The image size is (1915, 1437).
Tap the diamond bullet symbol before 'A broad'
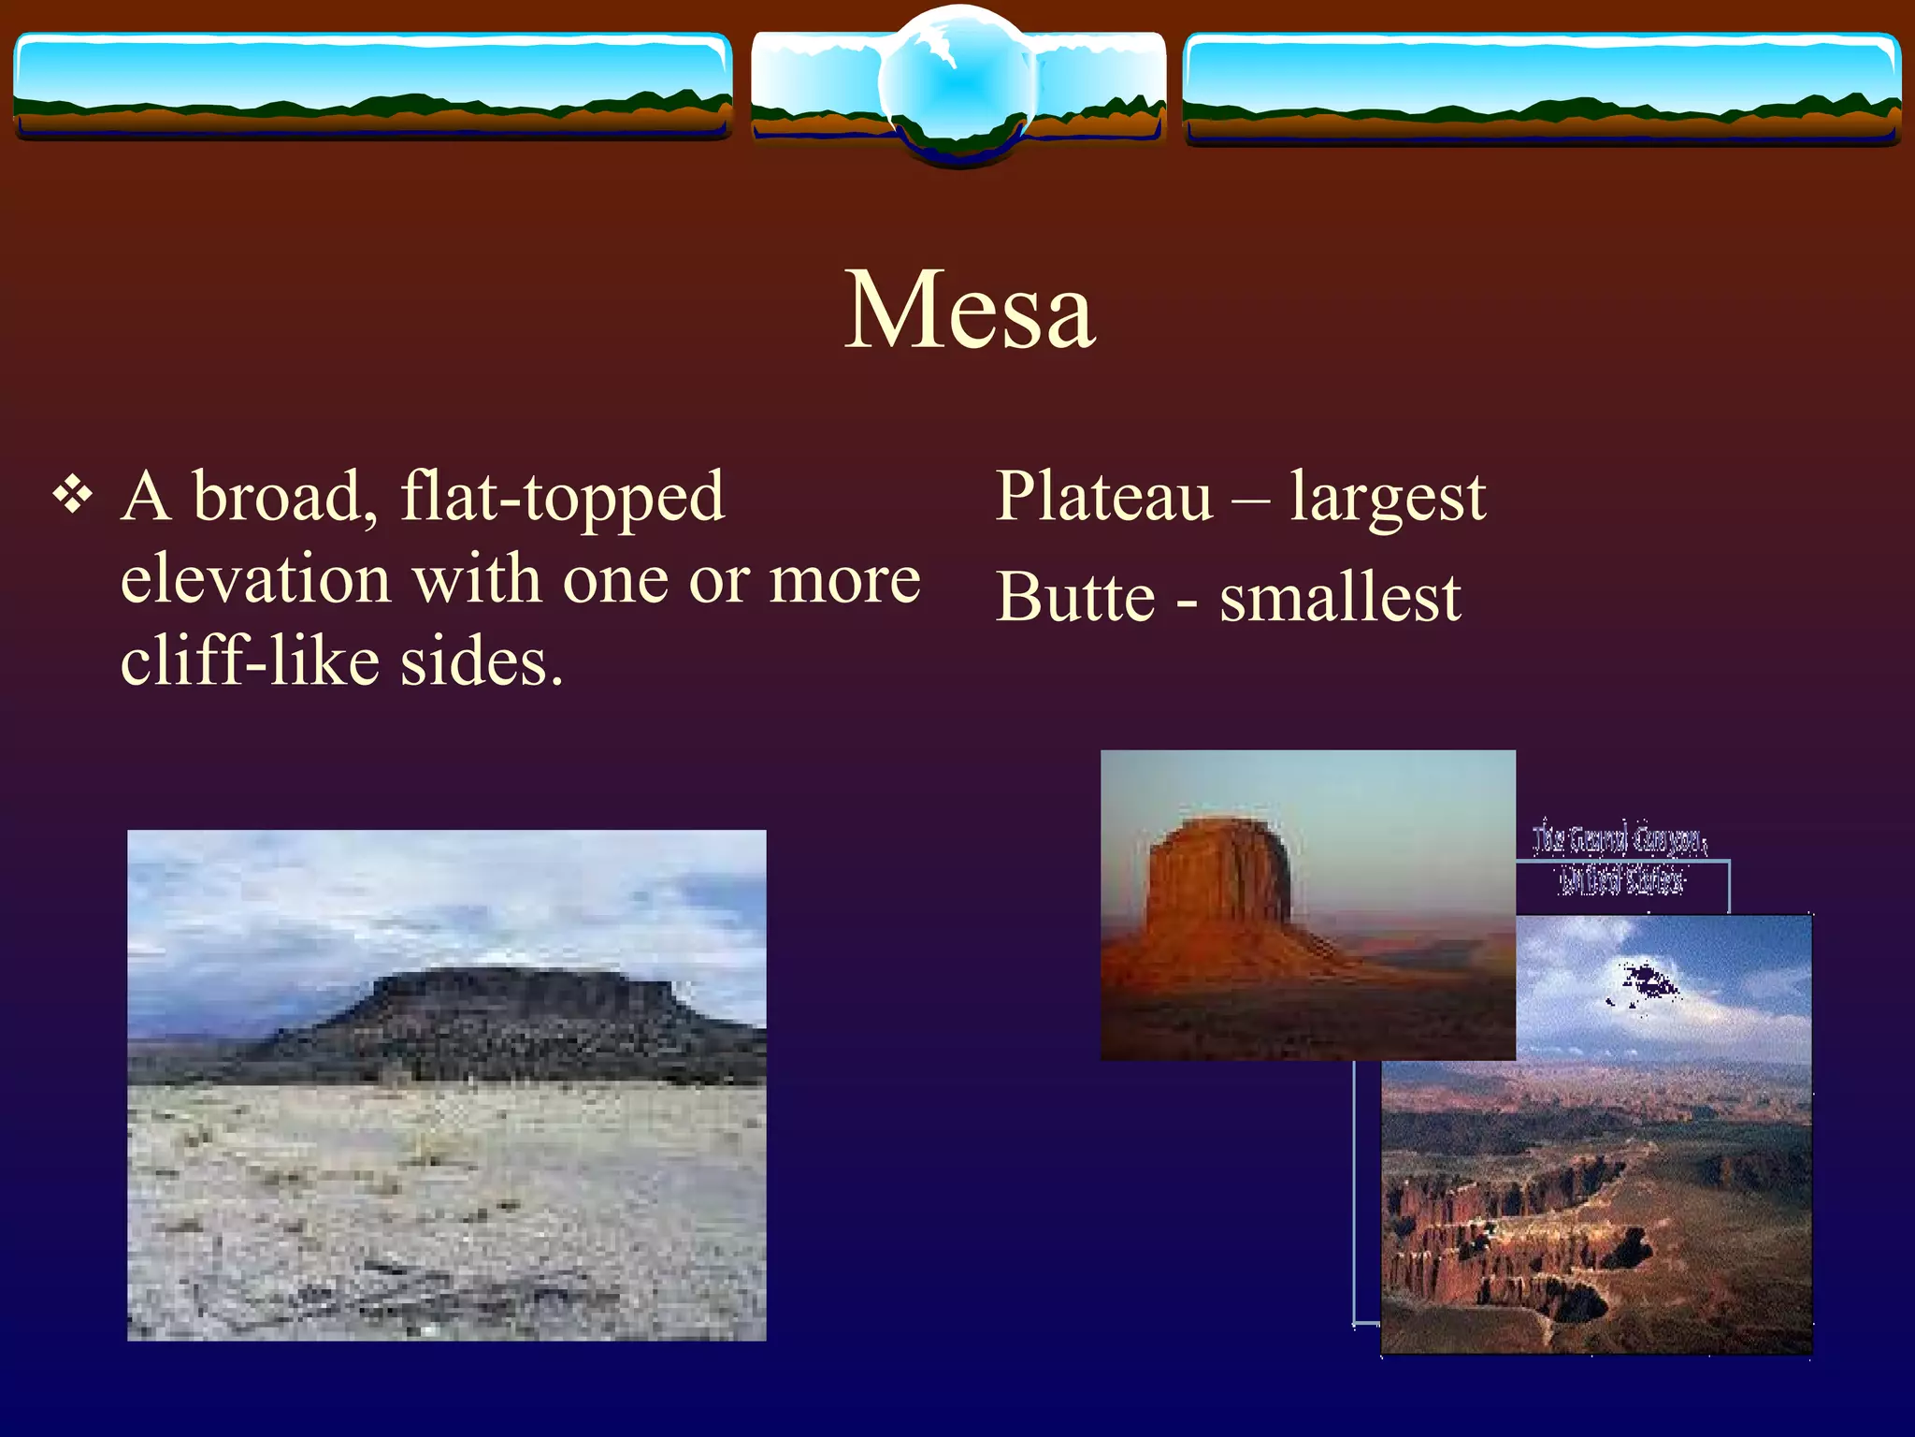73,494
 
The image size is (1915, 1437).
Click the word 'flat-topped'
562,498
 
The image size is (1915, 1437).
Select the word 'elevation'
255,579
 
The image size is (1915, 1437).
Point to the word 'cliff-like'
250,660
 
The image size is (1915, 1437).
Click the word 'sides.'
482,660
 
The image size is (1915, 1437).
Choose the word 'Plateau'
1103,496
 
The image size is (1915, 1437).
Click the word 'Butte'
1075,597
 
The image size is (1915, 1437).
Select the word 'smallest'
1340,597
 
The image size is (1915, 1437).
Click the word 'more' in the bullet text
844,581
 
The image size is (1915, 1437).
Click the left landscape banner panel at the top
371,86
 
